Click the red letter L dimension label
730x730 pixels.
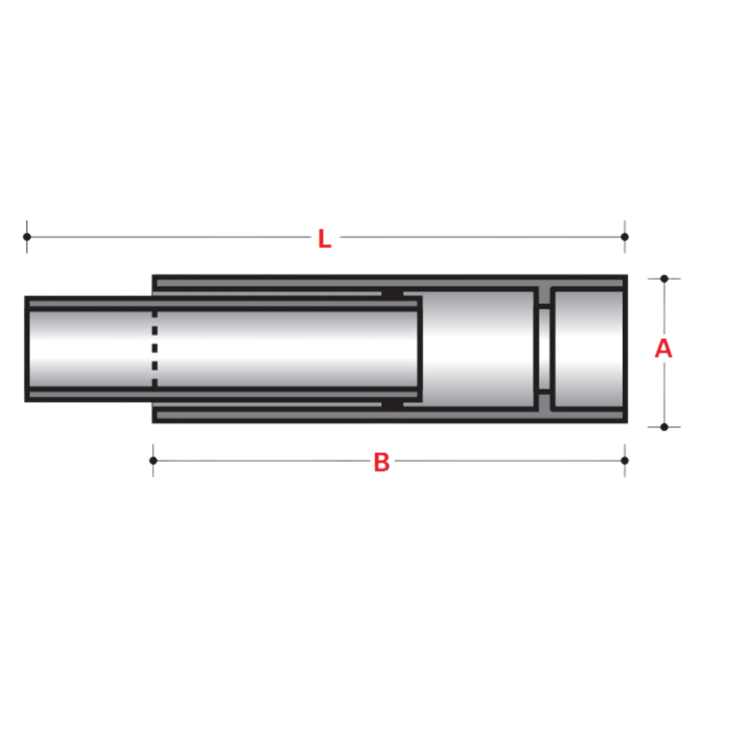pyautogui.click(x=324, y=239)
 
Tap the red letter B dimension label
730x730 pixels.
pyautogui.click(x=381, y=462)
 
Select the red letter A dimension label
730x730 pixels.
pyautogui.click(x=663, y=349)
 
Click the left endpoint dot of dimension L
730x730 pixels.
pyautogui.click(x=27, y=236)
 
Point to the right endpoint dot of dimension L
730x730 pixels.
pyautogui.click(x=624, y=236)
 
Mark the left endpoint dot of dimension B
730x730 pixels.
pyautogui.click(x=153, y=461)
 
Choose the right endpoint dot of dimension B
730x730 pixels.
pyautogui.click(x=624, y=461)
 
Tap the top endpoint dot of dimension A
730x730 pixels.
pyautogui.click(x=664, y=279)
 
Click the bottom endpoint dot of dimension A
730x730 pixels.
pyautogui.click(x=664, y=427)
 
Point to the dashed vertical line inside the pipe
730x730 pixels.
pyautogui.click(x=155, y=349)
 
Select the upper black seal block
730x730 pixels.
pyautogui.click(x=392, y=293)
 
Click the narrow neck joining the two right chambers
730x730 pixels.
pyautogui.click(x=544, y=349)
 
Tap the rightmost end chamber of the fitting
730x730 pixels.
pyautogui.click(x=587, y=349)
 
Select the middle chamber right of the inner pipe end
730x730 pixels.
pyautogui.click(x=478, y=349)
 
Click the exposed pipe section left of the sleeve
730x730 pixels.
pyautogui.click(x=89, y=349)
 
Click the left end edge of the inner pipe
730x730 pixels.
pyautogui.click(x=26, y=349)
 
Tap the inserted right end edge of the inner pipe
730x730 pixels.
pyautogui.click(x=420, y=349)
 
